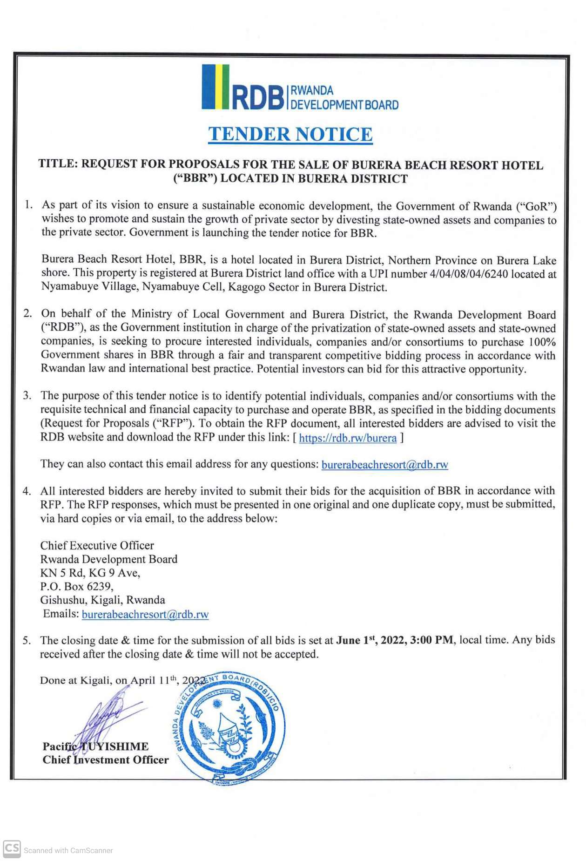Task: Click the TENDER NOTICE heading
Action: pyautogui.click(x=290, y=135)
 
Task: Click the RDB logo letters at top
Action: pyautogui.click(x=257, y=97)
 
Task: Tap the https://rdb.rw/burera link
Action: pyautogui.click(x=348, y=438)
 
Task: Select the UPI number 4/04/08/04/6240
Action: pyautogui.click(x=469, y=274)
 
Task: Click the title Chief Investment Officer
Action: pyautogui.click(x=106, y=760)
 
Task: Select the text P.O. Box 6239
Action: pyautogui.click(x=77, y=586)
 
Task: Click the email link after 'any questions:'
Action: pyautogui.click(x=384, y=465)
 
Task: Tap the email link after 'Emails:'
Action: pyautogui.click(x=145, y=614)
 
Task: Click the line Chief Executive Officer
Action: pyautogui.click(x=97, y=545)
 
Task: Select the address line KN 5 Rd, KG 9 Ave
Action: pyautogui.click(x=90, y=573)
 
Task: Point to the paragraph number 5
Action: pyautogui.click(x=27, y=641)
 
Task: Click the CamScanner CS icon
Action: pyautogui.click(x=12, y=848)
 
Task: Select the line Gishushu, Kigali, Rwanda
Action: pyautogui.click(x=102, y=600)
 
